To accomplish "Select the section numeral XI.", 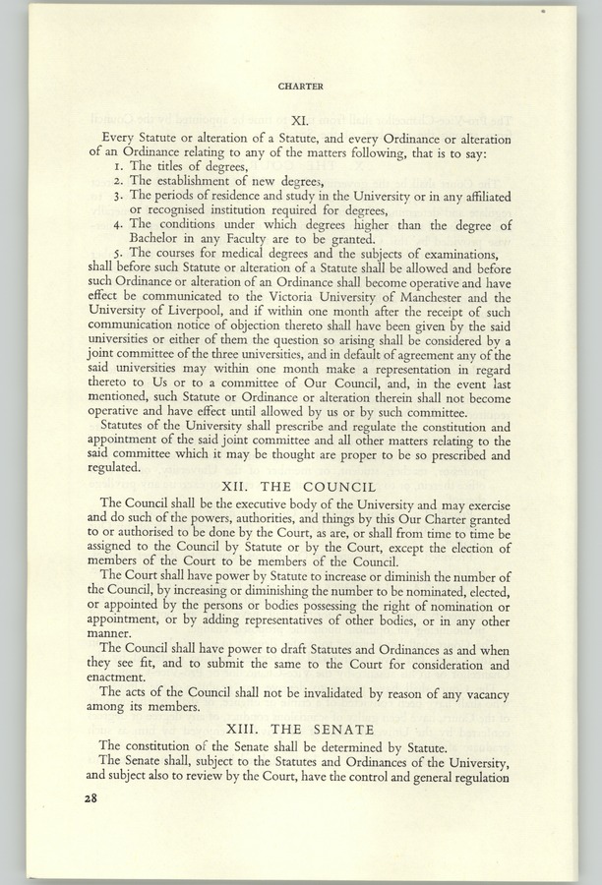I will click(300, 120).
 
